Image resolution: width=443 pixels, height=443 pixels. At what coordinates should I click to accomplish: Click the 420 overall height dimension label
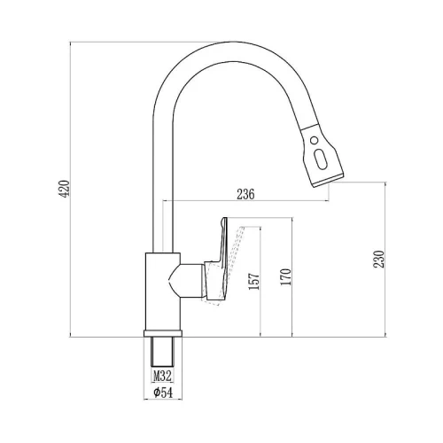(65, 189)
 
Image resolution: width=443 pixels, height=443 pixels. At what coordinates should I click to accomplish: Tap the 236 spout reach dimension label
(245, 194)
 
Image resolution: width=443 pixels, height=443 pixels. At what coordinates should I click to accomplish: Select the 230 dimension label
(379, 259)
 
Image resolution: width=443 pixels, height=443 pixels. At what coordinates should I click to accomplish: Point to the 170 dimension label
(286, 276)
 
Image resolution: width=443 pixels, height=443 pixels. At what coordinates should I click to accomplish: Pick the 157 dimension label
(254, 281)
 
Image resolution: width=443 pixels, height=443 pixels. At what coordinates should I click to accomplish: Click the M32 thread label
(162, 377)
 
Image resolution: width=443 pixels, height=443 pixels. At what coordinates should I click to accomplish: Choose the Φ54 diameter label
(163, 392)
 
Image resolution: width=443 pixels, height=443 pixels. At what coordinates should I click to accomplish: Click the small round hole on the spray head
(315, 140)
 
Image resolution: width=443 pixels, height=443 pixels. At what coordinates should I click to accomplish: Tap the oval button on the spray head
(320, 159)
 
